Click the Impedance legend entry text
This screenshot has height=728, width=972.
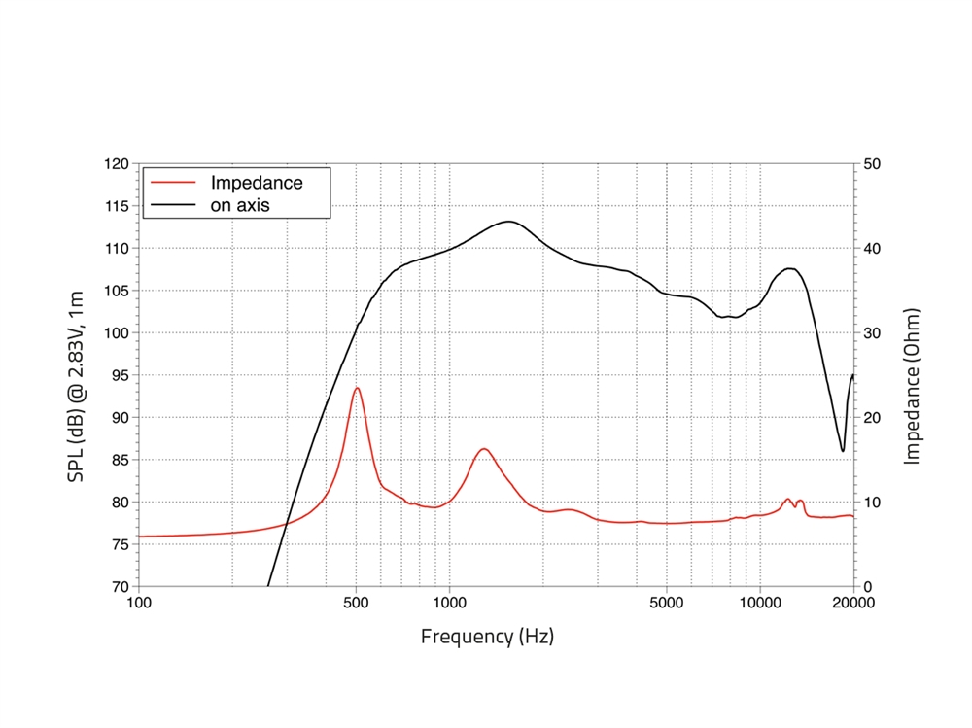pos(257,183)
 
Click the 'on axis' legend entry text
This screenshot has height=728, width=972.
pos(240,205)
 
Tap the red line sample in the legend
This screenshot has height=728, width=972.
pos(174,183)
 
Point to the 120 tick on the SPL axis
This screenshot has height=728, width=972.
pos(116,163)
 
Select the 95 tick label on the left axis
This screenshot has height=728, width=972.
pos(120,375)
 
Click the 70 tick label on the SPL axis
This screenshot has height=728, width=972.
pos(120,586)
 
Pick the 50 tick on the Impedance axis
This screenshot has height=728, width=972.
pos(872,163)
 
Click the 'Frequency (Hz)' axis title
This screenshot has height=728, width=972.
pos(487,637)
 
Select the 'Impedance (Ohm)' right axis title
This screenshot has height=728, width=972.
pos(912,386)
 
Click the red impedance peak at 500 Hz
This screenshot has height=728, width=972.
pos(357,388)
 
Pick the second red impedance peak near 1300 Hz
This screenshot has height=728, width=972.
pos(483,448)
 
